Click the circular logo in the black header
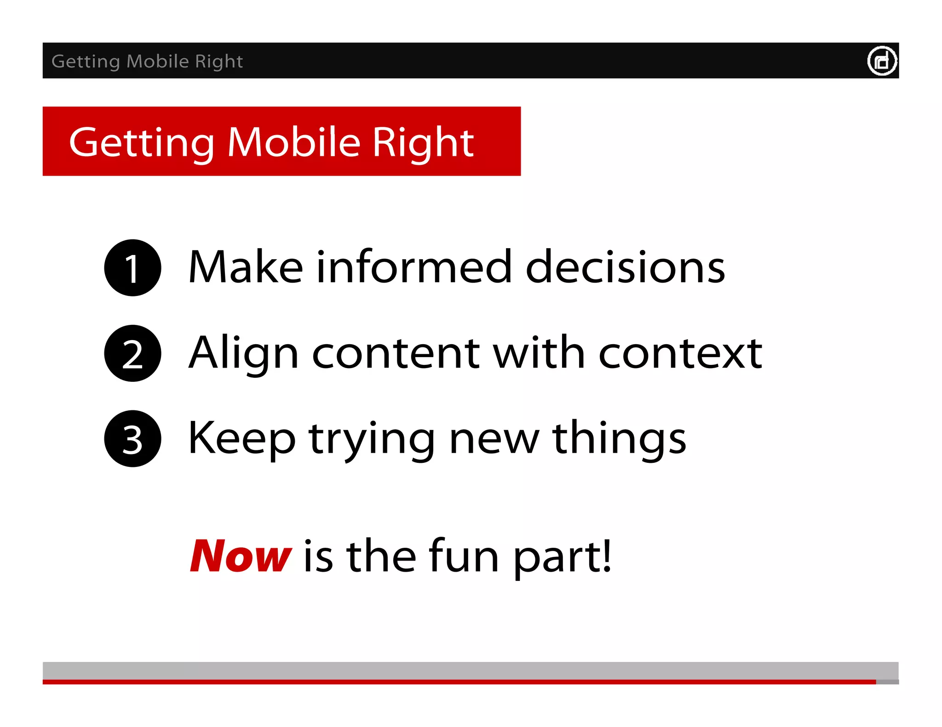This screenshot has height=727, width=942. coord(882,61)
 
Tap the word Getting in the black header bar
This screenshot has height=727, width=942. coord(86,61)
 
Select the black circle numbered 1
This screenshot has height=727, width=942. coord(132,268)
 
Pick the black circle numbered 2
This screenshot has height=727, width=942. coord(132,353)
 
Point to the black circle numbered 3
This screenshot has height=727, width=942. coord(132,439)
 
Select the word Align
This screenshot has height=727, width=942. coord(244,353)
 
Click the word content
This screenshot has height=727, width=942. coord(396,353)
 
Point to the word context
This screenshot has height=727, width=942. coord(680,353)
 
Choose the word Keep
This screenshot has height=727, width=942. coord(241,438)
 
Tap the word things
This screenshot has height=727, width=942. coord(619,438)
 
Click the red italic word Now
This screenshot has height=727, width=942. coord(240,556)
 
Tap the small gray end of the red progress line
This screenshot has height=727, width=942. coord(887,682)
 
